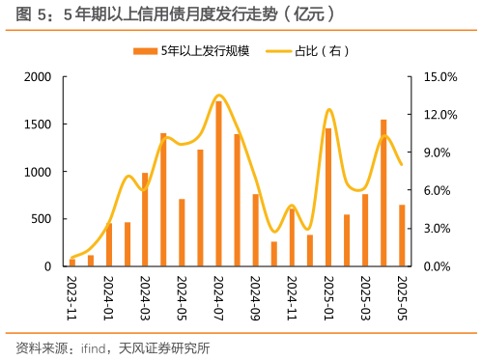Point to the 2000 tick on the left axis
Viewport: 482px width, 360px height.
point(40,77)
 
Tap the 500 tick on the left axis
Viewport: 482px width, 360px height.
point(44,219)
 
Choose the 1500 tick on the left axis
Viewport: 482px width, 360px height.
point(40,125)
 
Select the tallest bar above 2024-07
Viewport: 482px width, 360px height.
point(218,183)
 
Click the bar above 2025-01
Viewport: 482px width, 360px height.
point(328,197)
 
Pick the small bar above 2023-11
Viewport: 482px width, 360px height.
point(72,263)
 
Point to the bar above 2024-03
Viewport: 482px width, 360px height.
point(145,219)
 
